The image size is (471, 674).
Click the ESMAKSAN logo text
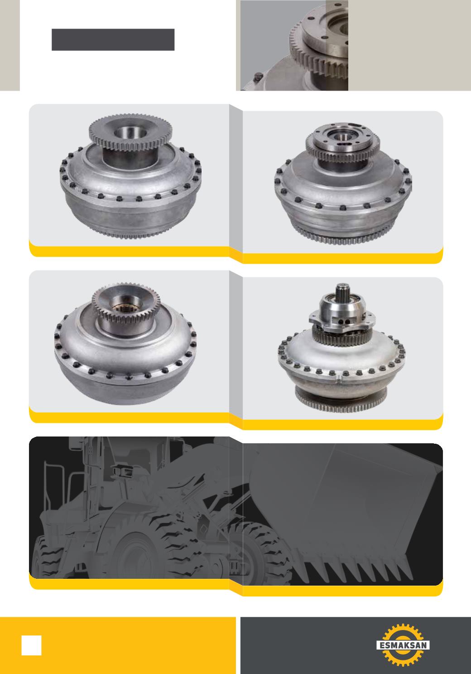403,645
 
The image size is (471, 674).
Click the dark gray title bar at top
113,40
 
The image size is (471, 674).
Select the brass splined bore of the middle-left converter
124,307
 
